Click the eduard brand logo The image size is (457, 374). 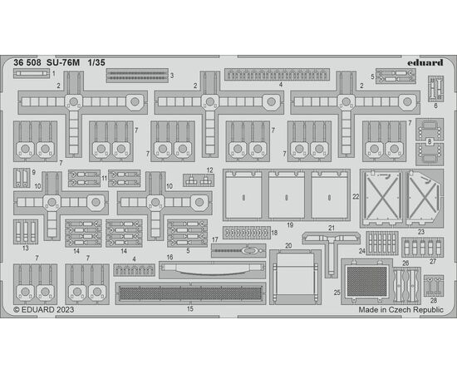(x=425, y=62)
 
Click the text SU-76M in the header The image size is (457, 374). (x=63, y=62)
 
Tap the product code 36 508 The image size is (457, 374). (x=27, y=62)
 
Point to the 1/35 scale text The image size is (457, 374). (x=96, y=62)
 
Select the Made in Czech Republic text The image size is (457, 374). (x=400, y=309)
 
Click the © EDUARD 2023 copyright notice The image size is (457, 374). (x=44, y=309)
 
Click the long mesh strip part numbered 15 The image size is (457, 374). (x=190, y=293)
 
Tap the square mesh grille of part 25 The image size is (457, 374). (x=367, y=281)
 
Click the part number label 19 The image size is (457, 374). (x=290, y=225)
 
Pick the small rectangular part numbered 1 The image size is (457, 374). (x=32, y=73)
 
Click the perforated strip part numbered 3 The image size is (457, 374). (x=137, y=76)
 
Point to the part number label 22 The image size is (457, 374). (x=356, y=197)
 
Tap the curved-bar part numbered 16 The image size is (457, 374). (x=212, y=269)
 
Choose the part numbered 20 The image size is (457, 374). (x=295, y=277)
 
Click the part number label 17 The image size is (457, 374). (x=215, y=239)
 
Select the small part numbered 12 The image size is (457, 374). (x=199, y=180)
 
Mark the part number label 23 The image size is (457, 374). (x=421, y=232)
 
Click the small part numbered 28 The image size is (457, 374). (x=434, y=285)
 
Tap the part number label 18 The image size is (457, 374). (x=274, y=233)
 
